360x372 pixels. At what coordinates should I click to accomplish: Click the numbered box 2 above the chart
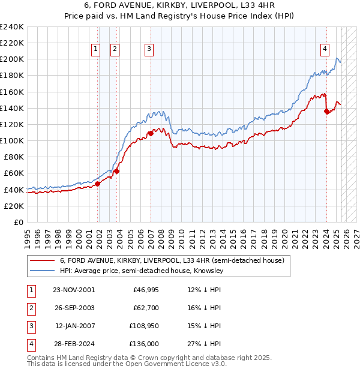click(115, 50)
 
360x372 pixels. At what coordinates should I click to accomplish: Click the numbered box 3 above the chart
click(148, 50)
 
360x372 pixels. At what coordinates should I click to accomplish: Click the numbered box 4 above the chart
click(324, 50)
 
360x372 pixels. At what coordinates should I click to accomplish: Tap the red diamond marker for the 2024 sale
click(326, 111)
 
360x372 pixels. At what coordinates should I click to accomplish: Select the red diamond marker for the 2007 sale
click(151, 133)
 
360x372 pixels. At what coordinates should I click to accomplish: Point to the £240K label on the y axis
click(11, 27)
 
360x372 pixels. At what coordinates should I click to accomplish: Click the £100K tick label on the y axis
click(11, 140)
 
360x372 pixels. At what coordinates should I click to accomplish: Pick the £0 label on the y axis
click(18, 222)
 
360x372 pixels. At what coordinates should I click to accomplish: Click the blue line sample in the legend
click(42, 271)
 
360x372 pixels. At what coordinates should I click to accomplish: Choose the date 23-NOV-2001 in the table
click(74, 290)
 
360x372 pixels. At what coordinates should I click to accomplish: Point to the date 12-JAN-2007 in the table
click(74, 326)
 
